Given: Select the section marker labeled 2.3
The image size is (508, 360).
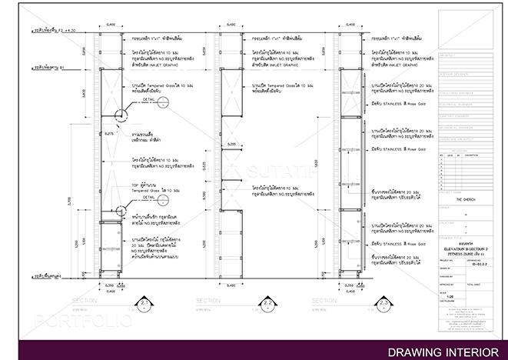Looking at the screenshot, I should pos(384,304).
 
